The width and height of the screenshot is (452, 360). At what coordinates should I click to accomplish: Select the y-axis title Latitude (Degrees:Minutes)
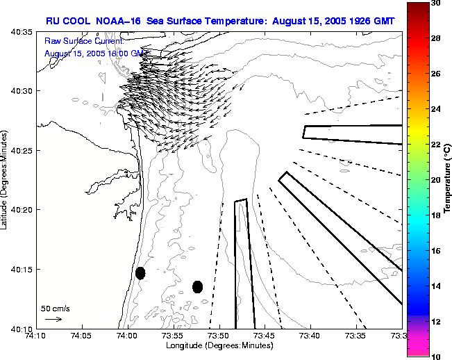(6, 179)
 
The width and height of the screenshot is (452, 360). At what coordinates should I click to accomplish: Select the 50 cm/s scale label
(55, 308)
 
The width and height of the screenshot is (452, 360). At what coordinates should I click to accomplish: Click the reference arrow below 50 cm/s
(53, 319)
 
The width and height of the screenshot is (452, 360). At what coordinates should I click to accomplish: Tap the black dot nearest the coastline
(140, 273)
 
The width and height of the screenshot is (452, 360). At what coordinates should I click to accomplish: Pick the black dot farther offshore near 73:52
(197, 286)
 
